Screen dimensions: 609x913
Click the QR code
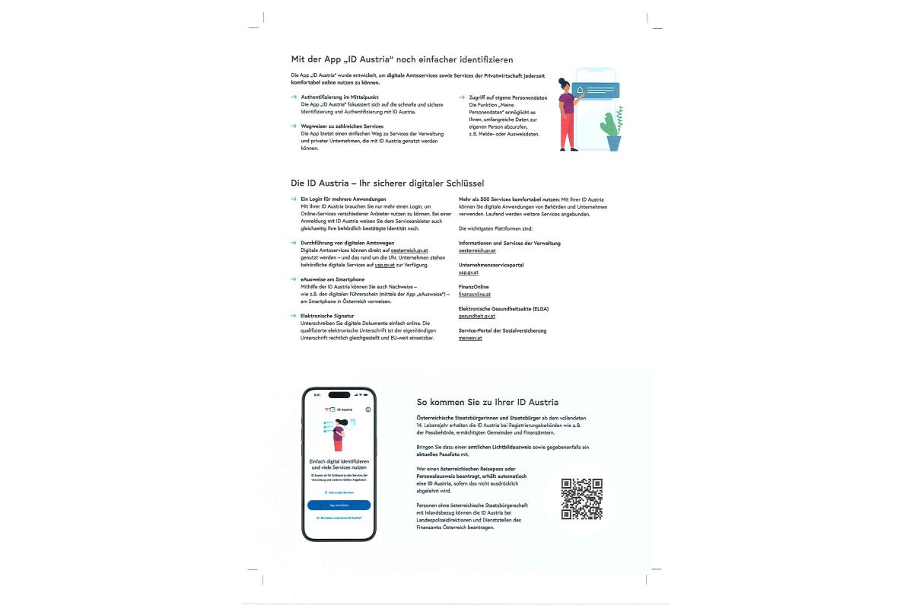tap(582, 499)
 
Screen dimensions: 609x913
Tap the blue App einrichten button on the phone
tap(339, 505)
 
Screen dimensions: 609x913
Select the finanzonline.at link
tap(475, 294)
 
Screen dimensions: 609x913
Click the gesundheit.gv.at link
tap(477, 316)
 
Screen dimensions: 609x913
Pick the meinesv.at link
tap(470, 338)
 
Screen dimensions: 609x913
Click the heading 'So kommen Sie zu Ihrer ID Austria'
tap(488, 402)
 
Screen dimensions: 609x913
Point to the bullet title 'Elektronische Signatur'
tap(327, 315)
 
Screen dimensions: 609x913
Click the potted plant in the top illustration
tap(612, 129)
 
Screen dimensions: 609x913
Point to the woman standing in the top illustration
tap(568, 114)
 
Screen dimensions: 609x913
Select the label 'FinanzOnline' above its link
tap(474, 287)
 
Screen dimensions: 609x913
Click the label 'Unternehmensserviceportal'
tap(491, 265)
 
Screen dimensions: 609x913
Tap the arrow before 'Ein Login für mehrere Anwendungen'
tap(294, 199)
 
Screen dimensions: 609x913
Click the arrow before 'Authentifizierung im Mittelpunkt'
tap(294, 97)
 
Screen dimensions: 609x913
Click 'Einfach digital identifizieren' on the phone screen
tap(339, 462)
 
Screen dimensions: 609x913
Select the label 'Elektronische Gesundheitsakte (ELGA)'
tap(503, 308)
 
